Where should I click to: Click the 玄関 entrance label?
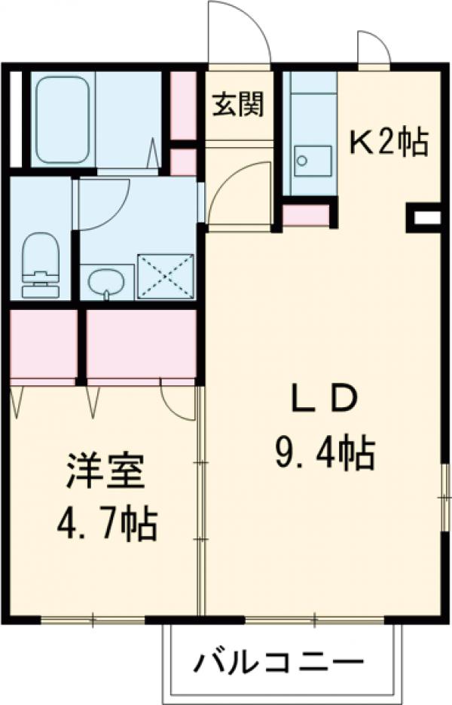tap(237, 106)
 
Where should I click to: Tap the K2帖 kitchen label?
tap(389, 142)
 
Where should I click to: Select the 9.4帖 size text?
tap(322, 453)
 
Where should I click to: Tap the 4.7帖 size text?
tap(105, 523)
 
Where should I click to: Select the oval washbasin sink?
tap(106, 283)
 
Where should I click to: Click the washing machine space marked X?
tap(166, 277)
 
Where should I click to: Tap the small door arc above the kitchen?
tap(373, 50)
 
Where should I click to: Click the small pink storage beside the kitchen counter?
tap(306, 215)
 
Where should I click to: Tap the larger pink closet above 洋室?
tap(141, 343)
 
